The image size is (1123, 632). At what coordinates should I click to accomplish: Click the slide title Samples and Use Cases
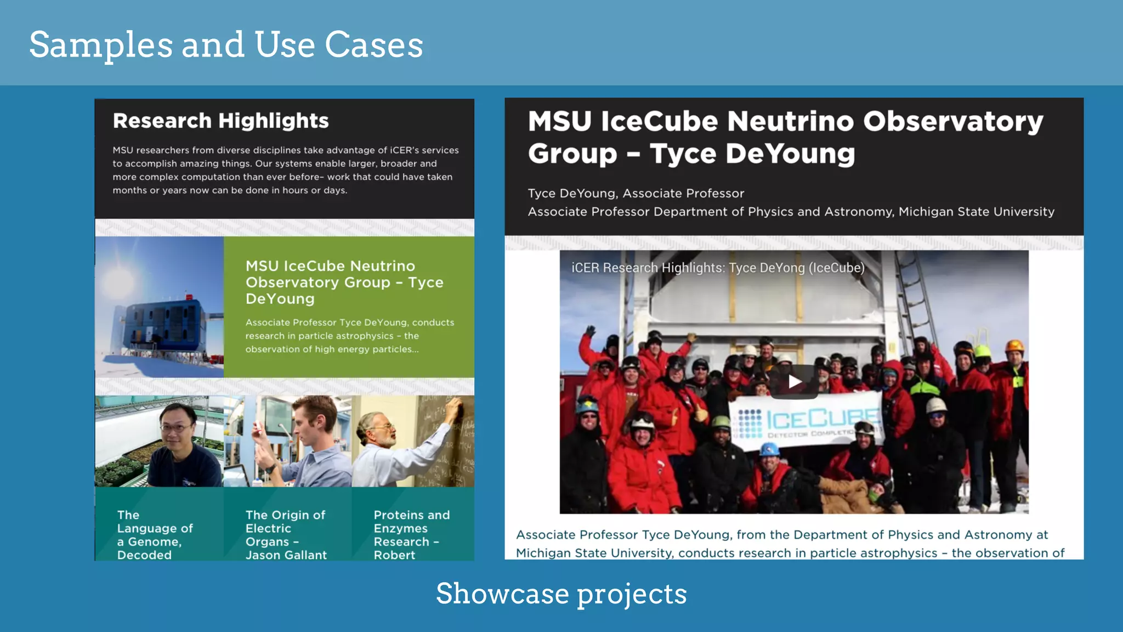pos(226,44)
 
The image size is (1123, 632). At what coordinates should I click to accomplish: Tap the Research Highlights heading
pos(220,121)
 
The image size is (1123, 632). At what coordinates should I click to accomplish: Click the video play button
pos(795,382)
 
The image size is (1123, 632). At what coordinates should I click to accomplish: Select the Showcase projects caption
pos(561,594)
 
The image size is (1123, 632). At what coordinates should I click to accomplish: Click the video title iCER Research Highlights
pos(717,268)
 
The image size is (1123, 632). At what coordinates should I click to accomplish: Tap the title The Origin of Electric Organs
pos(286,534)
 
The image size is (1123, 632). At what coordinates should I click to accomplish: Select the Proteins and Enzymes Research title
pos(411,534)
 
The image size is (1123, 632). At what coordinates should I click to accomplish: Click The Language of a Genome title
pos(155,534)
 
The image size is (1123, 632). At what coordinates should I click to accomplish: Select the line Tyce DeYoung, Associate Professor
pos(636,193)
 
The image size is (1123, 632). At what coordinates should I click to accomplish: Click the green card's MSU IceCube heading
pos(344,282)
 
